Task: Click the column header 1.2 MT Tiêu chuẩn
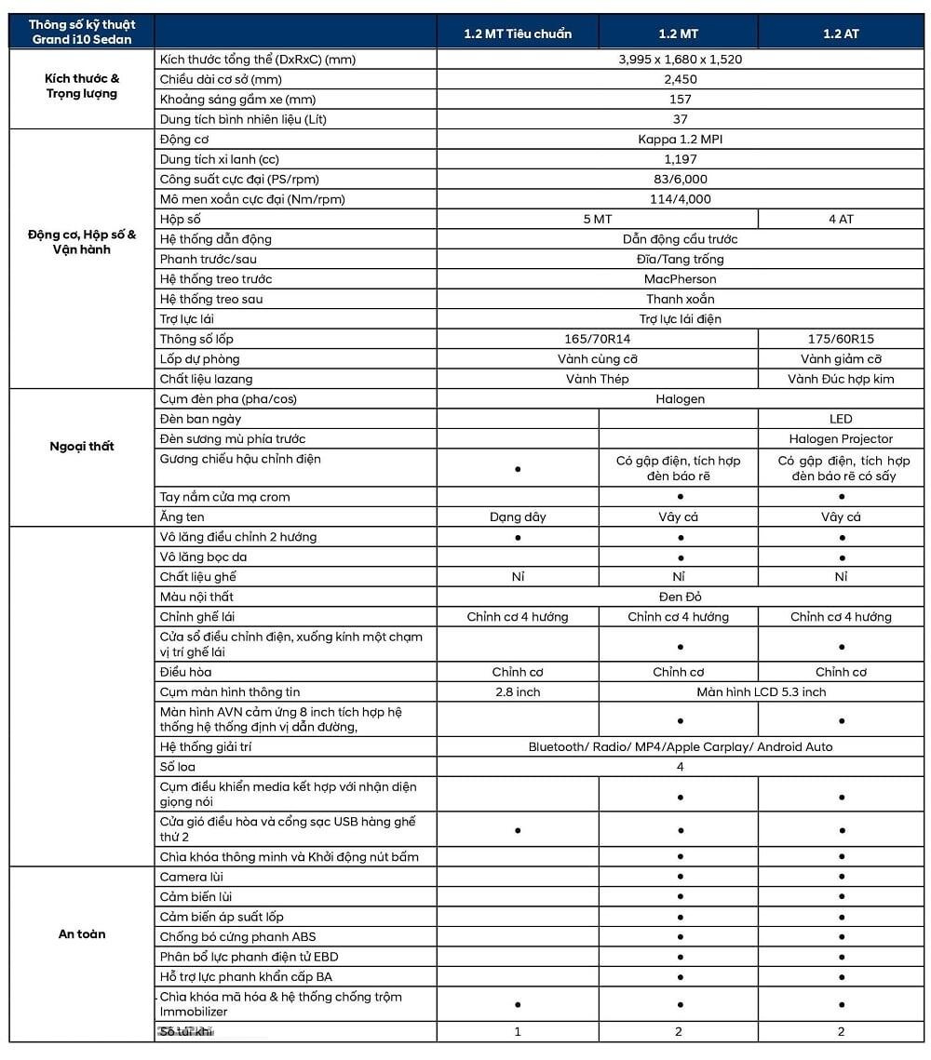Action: tap(518, 34)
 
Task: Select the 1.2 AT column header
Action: tap(841, 34)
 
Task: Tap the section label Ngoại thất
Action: tap(82, 446)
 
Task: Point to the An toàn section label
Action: tap(82, 934)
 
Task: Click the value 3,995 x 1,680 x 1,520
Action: tap(680, 60)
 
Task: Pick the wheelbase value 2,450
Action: tap(680, 79)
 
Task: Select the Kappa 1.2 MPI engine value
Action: tap(680, 140)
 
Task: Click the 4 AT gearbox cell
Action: tap(841, 220)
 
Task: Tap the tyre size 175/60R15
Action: tap(841, 339)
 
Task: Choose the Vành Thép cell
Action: tap(597, 379)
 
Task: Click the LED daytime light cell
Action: tap(841, 419)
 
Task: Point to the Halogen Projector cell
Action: tap(841, 438)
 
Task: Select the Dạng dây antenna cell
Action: tap(518, 517)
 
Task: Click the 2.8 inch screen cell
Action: tap(518, 691)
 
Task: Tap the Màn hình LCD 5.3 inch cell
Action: tap(761, 691)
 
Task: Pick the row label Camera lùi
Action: tap(192, 877)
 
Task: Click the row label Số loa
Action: tap(177, 767)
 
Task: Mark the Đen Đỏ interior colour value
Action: tap(680, 597)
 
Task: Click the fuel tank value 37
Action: tap(680, 119)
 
